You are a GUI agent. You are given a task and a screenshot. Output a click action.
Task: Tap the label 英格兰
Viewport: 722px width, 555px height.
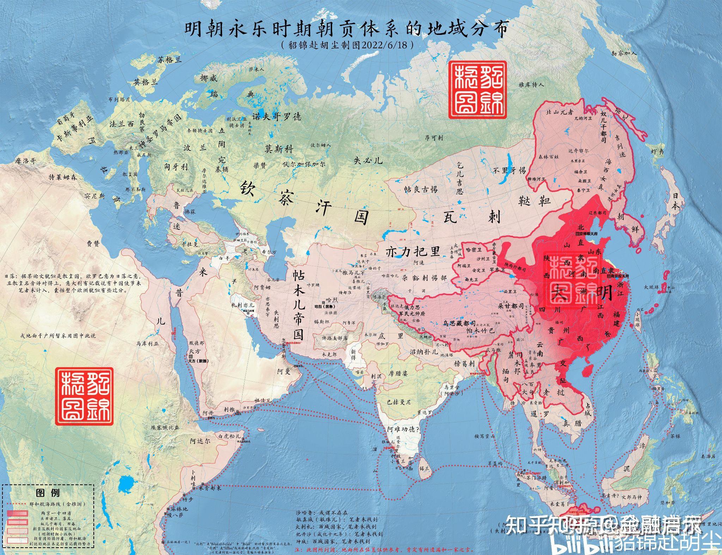[x=146, y=82]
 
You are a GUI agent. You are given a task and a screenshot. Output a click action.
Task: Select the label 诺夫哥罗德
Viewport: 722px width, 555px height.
[x=276, y=116]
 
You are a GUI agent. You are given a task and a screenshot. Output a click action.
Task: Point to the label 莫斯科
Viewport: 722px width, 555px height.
[x=279, y=149]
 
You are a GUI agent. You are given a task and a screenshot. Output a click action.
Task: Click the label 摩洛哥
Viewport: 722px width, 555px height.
[x=25, y=161]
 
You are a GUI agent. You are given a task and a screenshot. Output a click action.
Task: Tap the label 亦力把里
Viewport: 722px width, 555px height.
[x=413, y=252]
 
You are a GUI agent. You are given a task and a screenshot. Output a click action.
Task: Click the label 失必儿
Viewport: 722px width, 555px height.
[x=368, y=161]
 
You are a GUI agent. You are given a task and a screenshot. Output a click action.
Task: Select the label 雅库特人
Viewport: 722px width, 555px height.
[x=531, y=85]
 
